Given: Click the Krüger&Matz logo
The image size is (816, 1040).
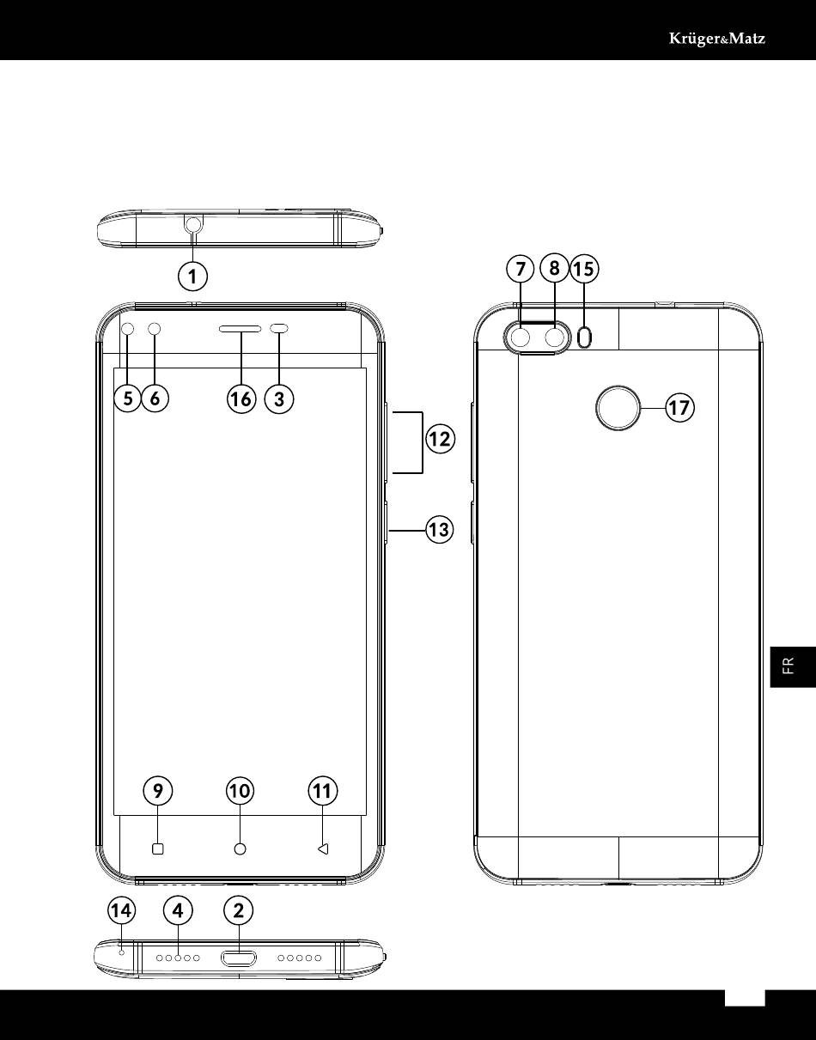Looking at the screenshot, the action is tap(717, 39).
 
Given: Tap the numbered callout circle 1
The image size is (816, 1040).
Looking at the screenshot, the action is tap(192, 277).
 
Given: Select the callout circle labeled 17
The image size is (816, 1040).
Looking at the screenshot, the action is tap(679, 408).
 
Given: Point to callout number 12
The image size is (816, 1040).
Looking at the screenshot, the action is tap(441, 439).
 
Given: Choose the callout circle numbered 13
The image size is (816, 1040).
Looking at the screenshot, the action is tap(440, 529).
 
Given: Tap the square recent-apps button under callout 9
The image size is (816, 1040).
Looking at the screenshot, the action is tap(157, 849).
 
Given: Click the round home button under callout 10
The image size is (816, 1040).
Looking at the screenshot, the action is tap(241, 849).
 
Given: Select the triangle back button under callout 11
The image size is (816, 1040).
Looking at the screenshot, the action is tap(323, 849).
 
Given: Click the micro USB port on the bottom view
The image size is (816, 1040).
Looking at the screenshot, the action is tap(238, 958).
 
